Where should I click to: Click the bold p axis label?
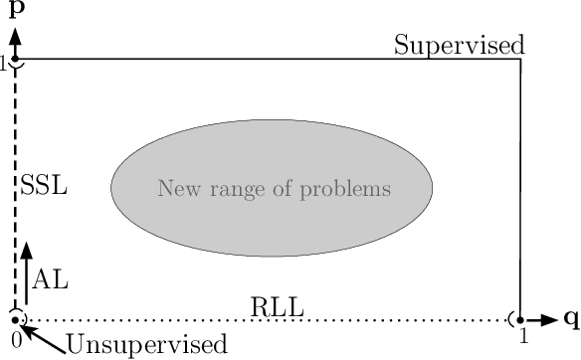click(x=16, y=13)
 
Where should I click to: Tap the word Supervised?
click(x=459, y=45)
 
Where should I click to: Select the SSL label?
click(x=44, y=186)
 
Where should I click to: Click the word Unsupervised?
click(x=146, y=345)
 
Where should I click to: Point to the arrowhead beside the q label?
click(x=549, y=319)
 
